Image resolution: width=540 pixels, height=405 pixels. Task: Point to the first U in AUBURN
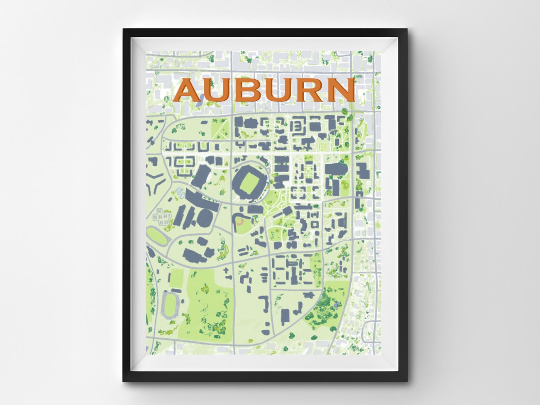click(217, 90)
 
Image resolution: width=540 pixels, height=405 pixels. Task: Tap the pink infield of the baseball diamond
click(240, 222)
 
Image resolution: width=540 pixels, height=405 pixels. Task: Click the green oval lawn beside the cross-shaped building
click(157, 235)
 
